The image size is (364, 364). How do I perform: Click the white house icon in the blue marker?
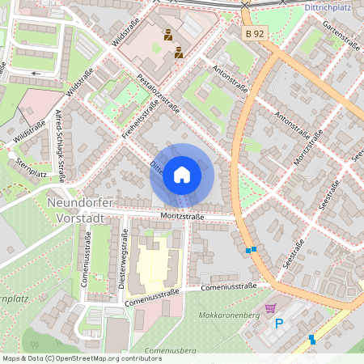click(x=182, y=174)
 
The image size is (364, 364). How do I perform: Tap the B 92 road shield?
click(x=255, y=33)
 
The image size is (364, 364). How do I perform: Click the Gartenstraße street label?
click(x=340, y=36)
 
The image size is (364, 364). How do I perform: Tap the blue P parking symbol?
click(x=280, y=324)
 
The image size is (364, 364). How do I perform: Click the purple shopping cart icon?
click(x=270, y=308)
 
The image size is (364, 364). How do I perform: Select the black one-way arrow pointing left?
click(x=36, y=74)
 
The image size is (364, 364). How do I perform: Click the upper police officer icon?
click(x=168, y=36)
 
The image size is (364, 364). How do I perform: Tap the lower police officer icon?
click(x=179, y=53)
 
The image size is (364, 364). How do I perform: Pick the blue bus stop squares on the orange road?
click(x=252, y=250)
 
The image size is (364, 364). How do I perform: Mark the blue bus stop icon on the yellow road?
click(x=312, y=340)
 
